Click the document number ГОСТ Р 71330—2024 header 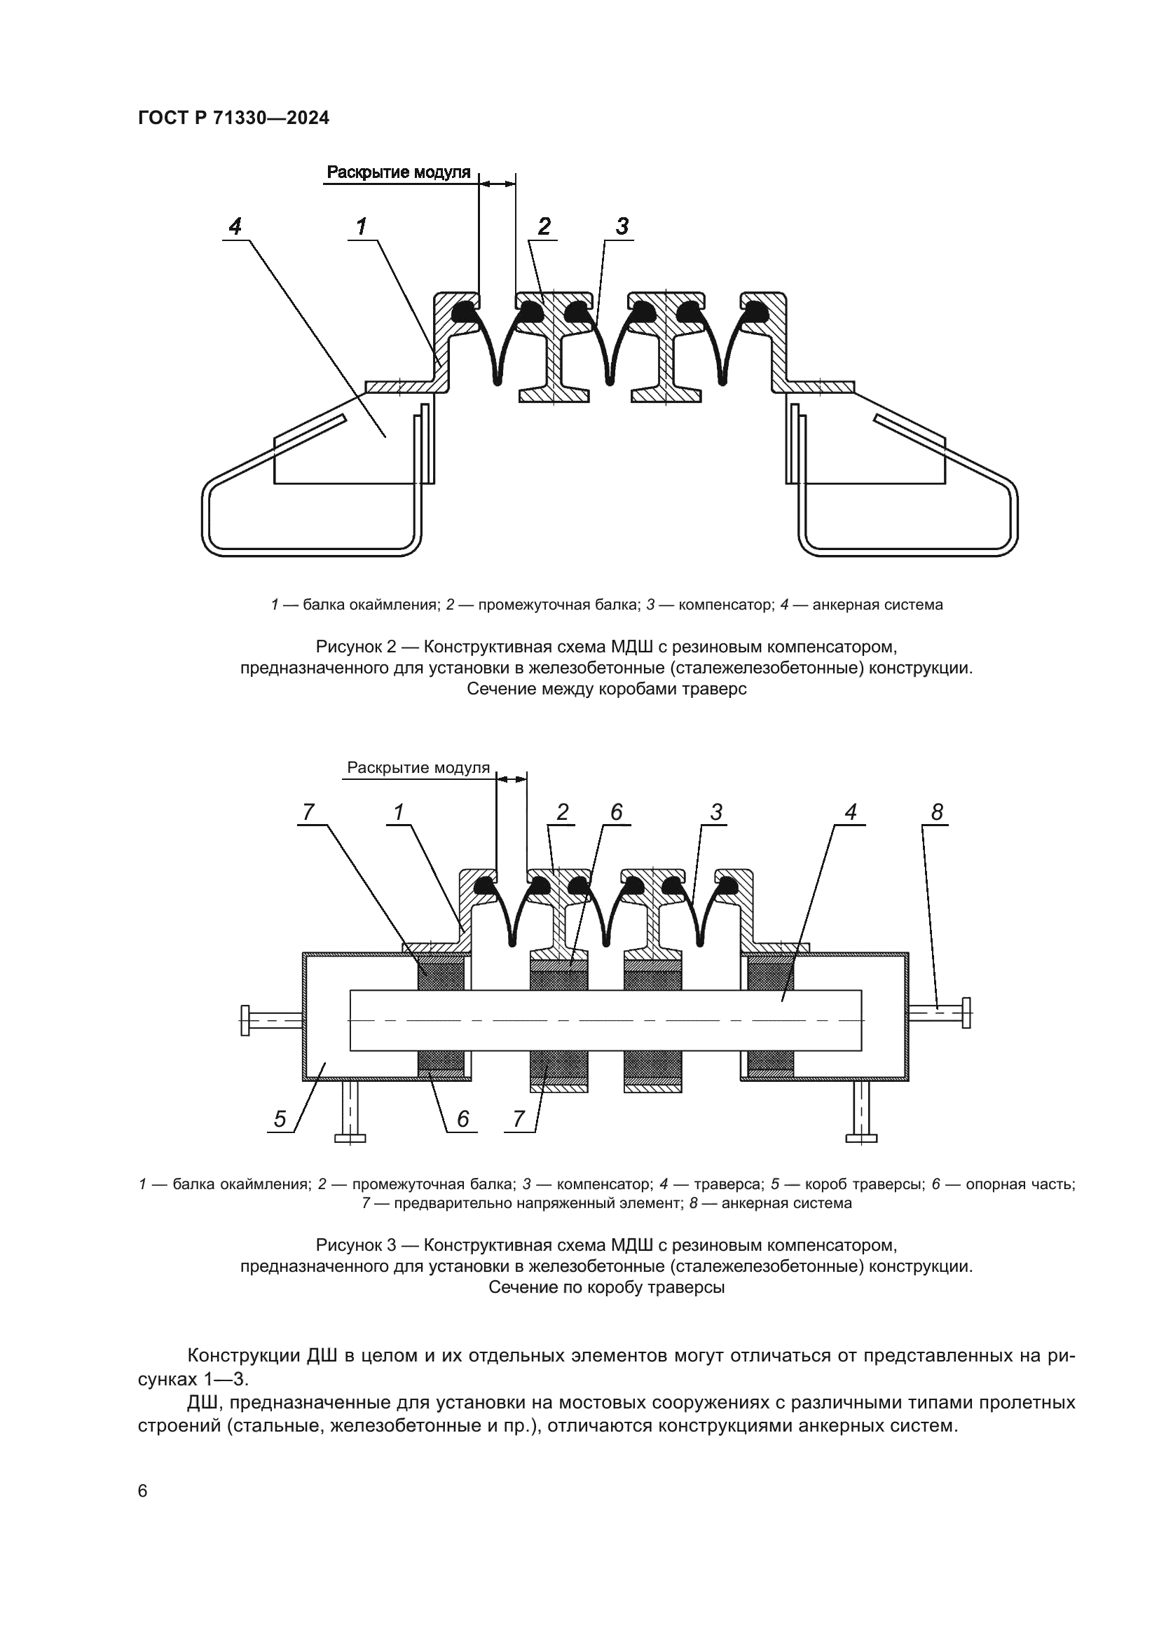[233, 118]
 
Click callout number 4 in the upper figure [235, 226]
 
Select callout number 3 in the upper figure [622, 226]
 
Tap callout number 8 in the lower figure [937, 812]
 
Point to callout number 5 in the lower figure [280, 1119]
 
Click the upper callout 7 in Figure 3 [308, 812]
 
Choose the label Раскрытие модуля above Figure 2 [398, 172]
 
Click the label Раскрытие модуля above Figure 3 [418, 768]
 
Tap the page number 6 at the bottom [143, 1491]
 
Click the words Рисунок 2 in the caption [355, 647]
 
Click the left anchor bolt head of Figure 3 [245, 1020]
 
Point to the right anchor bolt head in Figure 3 [966, 1013]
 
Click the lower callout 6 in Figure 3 [462, 1119]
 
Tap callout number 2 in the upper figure [544, 226]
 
